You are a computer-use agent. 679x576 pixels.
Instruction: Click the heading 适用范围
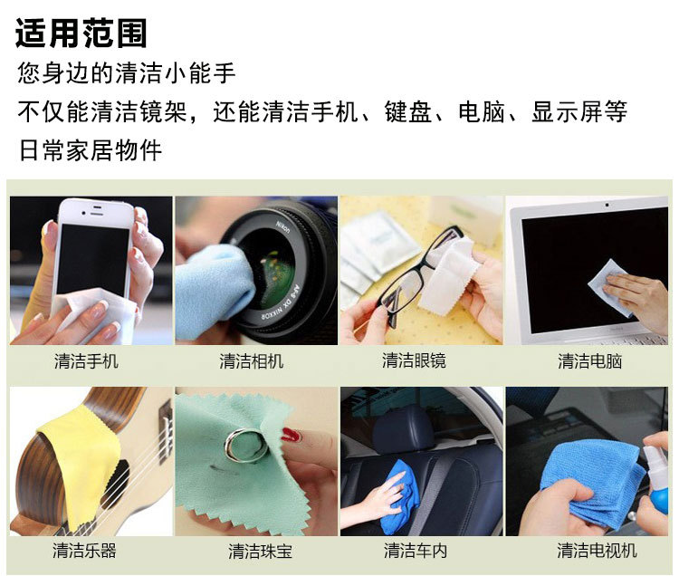coord(81,34)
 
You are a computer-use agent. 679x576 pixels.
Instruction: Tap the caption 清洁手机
coord(86,361)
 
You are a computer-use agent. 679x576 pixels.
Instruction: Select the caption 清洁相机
coord(251,361)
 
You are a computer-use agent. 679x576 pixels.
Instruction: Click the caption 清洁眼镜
coord(414,360)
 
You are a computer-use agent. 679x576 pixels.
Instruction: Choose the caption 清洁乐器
coord(84,550)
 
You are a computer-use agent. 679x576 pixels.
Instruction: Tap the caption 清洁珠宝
coord(260,551)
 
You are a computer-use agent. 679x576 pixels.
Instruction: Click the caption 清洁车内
coord(416,550)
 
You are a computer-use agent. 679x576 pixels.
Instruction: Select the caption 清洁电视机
coord(596,550)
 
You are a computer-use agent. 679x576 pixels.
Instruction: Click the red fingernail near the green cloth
coord(290,435)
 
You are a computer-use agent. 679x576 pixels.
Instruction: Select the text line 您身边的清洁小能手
coord(127,72)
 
